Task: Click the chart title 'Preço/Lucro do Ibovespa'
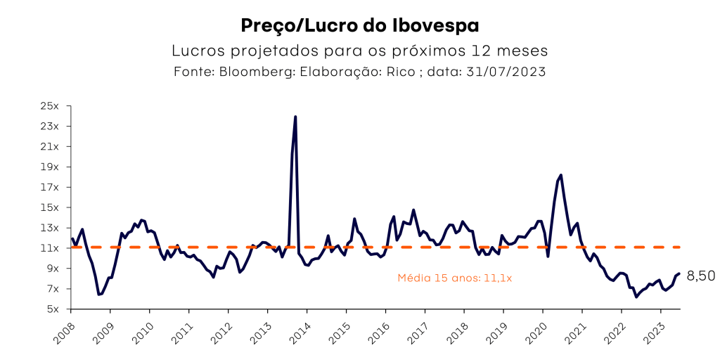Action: (359, 26)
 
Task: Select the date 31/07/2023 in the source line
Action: (506, 72)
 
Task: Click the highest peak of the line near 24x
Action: (295, 117)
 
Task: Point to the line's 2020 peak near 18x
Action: (560, 175)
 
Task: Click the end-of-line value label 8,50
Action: (700, 276)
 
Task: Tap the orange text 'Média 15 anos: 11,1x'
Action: (454, 278)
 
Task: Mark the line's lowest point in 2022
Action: (636, 297)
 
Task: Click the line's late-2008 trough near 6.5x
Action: (99, 294)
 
